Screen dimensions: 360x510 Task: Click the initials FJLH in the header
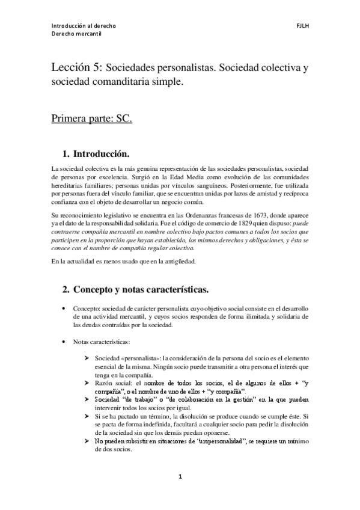(302, 26)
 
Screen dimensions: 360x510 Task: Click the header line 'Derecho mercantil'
(76, 34)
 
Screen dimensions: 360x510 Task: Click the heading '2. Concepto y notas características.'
(136, 290)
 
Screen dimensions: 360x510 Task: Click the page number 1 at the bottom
(180, 477)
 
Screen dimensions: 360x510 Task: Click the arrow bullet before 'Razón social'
(88, 382)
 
